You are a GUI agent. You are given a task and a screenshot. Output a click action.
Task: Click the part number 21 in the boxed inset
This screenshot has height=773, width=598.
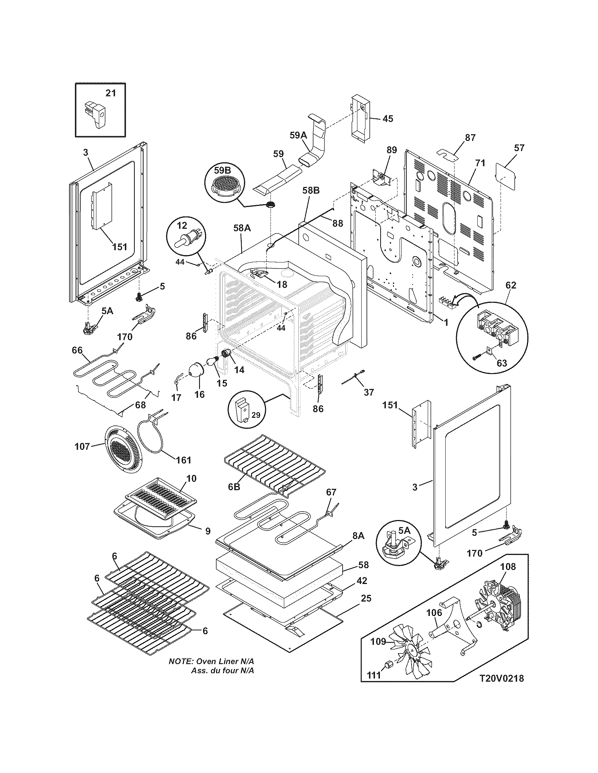coord(110,93)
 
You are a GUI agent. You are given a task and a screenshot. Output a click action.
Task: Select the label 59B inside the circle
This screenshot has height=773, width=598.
coord(222,170)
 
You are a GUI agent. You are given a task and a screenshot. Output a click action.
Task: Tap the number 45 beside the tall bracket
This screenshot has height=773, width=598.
coord(388,118)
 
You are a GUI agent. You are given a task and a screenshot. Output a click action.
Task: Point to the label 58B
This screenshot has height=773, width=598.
coord(311,191)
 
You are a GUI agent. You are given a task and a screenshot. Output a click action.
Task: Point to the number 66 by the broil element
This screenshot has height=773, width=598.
coord(77,350)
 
